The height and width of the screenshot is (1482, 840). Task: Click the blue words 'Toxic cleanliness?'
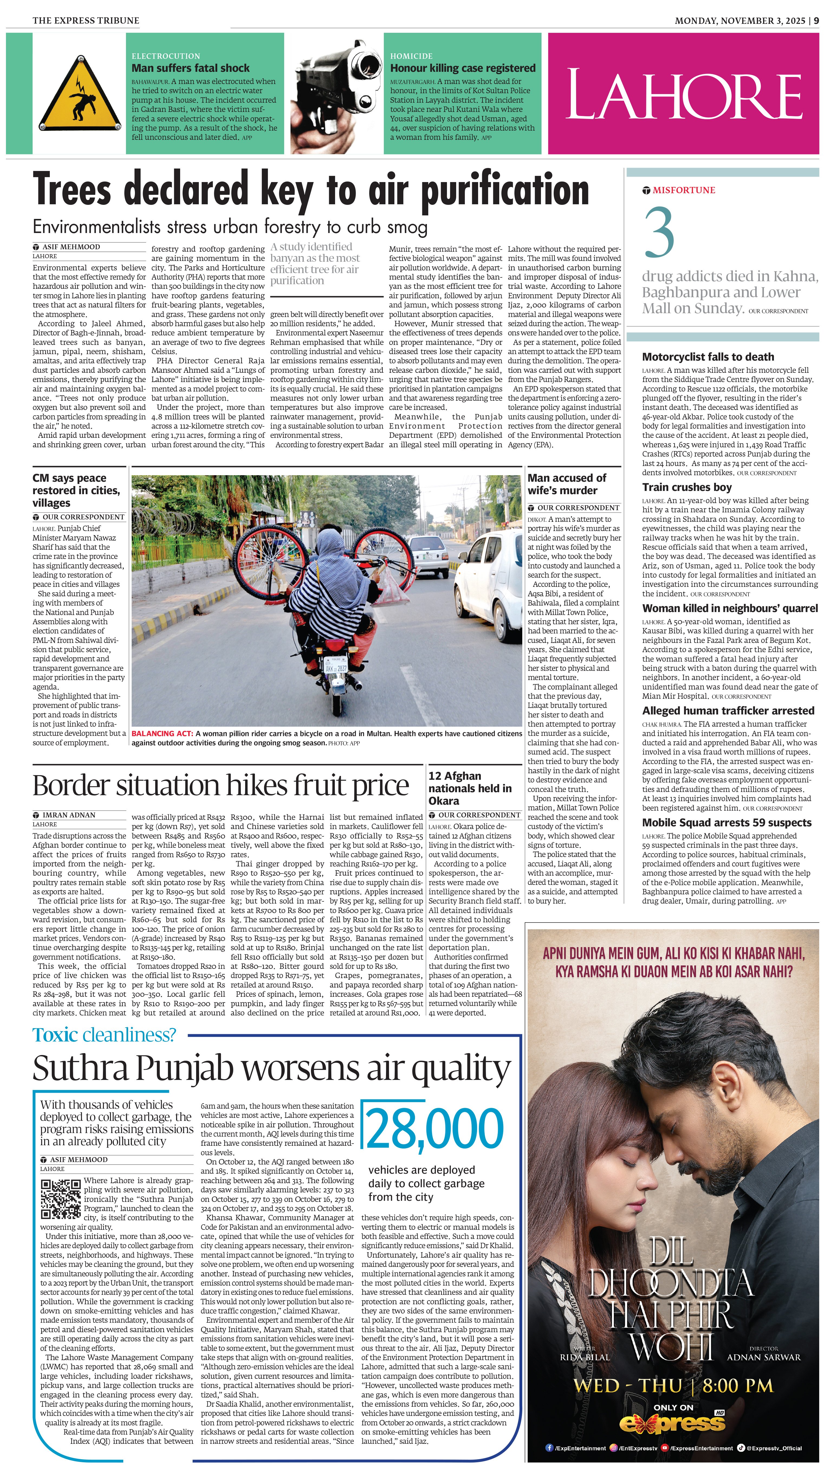[x=104, y=1035]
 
